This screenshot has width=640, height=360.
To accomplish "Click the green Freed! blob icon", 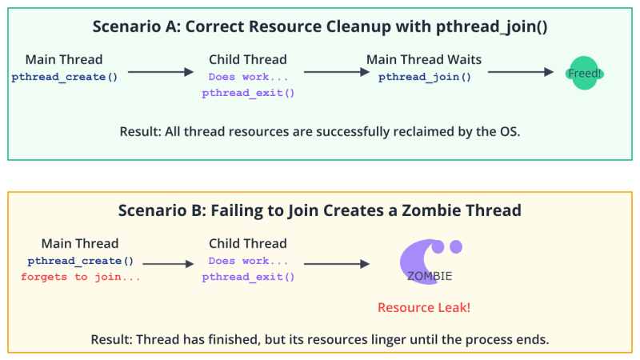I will (586, 73).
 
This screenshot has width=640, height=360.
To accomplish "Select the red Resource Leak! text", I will (423, 307).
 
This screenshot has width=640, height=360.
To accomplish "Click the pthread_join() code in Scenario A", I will (424, 78).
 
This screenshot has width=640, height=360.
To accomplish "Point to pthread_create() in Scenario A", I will (64, 78).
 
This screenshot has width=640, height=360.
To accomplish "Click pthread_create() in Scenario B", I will (80, 261).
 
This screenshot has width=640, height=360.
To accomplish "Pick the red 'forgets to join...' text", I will (80, 277).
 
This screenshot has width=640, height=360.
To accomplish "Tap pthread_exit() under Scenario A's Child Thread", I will (248, 93).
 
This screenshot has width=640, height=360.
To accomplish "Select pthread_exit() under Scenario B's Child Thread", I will (248, 277).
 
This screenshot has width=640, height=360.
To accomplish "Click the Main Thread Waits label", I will (424, 60).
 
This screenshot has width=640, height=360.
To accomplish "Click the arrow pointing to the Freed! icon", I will (521, 72).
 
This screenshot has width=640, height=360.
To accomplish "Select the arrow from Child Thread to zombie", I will (336, 262).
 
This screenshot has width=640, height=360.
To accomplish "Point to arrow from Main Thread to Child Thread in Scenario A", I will (160, 72).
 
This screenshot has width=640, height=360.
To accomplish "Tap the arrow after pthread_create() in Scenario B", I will (167, 262).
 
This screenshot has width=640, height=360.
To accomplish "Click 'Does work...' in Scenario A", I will (248, 78).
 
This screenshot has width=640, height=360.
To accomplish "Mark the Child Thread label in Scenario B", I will (248, 243).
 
